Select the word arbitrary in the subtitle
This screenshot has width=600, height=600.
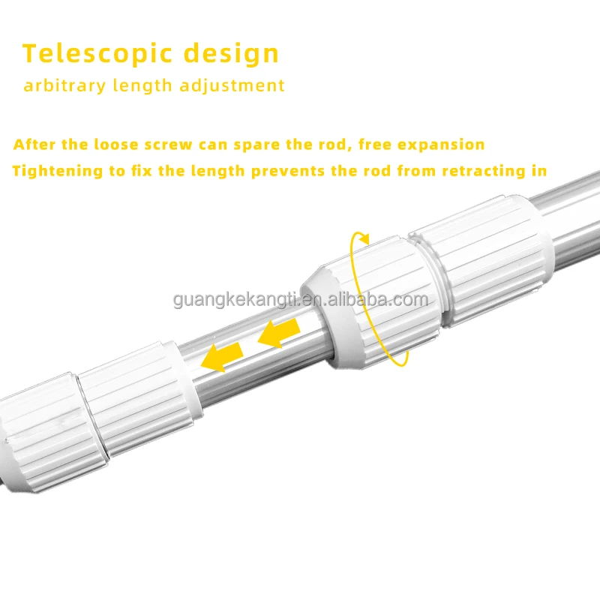64,85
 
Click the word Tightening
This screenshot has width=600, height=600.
58,171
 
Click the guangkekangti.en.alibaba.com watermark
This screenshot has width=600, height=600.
300,301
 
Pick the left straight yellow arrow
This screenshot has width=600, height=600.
226,353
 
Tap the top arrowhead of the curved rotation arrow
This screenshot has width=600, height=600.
363,238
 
